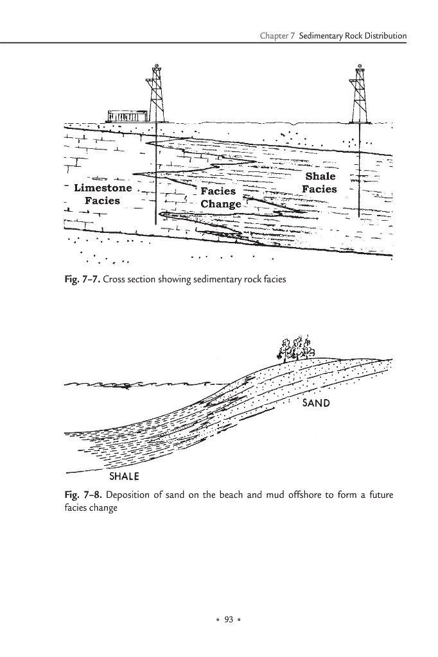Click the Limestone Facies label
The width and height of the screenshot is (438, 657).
pos(103,194)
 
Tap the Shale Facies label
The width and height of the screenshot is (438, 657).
pos(320,183)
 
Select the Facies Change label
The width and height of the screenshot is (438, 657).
pos(220,198)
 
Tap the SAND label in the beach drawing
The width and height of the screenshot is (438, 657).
pos(316,403)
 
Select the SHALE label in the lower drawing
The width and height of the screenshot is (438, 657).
pos(125,477)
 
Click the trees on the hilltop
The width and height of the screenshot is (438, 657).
pos(295,347)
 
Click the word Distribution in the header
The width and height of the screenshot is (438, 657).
pos(384,36)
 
